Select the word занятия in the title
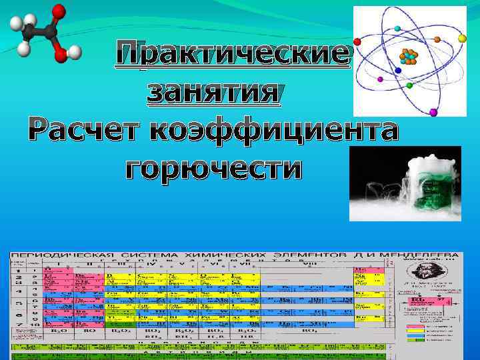(213, 91)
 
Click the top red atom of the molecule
(59, 11)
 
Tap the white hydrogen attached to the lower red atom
(75, 52)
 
